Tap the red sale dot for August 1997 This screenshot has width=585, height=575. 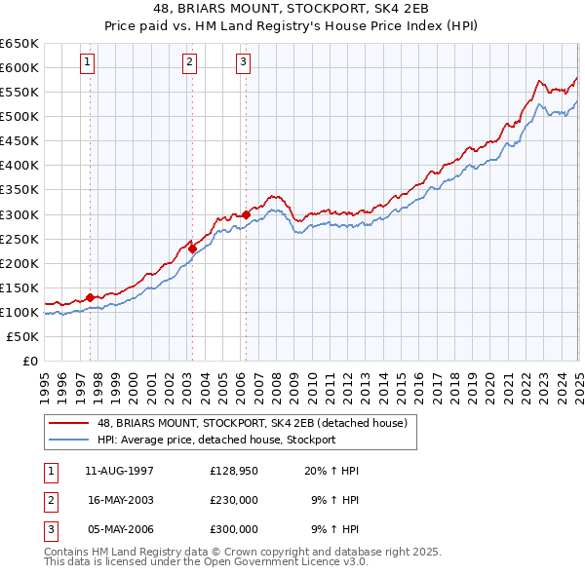(x=90, y=297)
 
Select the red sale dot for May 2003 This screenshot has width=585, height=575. (x=192, y=249)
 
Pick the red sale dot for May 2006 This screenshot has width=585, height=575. (x=245, y=214)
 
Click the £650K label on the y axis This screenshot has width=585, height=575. (x=19, y=44)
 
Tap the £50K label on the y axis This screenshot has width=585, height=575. (x=22, y=336)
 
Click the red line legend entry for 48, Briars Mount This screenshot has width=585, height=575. (x=257, y=422)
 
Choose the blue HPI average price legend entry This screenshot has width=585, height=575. (x=215, y=440)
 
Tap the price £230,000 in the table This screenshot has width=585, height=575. (x=234, y=500)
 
